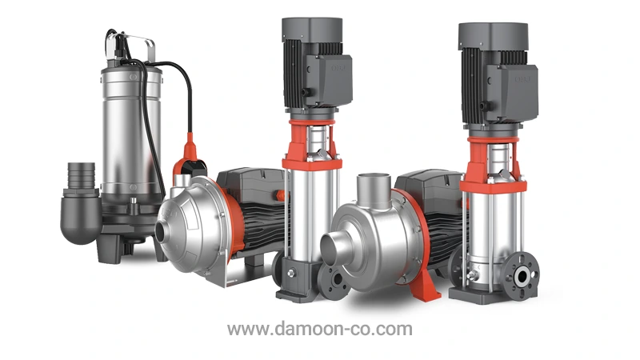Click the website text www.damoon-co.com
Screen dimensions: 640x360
coord(319,329)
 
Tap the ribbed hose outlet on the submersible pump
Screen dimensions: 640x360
coord(81,175)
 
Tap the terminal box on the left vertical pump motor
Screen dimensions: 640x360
coord(329,79)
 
